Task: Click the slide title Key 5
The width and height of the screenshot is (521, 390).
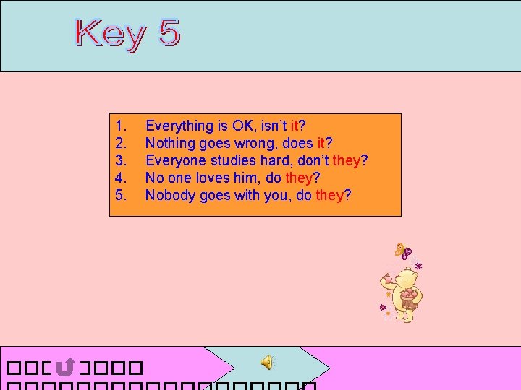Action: [x=128, y=34]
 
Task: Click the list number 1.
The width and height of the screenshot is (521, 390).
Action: [x=121, y=126]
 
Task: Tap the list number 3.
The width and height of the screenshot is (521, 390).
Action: [x=121, y=160]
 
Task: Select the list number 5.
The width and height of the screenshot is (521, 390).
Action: [x=121, y=195]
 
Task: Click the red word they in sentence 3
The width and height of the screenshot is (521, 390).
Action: [x=345, y=160]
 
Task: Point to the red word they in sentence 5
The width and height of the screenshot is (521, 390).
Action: [x=329, y=195]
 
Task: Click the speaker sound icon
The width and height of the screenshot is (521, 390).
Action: [x=268, y=362]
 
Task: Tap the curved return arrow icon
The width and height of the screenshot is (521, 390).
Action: [x=64, y=366]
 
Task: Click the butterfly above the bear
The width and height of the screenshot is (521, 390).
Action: [x=403, y=251]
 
